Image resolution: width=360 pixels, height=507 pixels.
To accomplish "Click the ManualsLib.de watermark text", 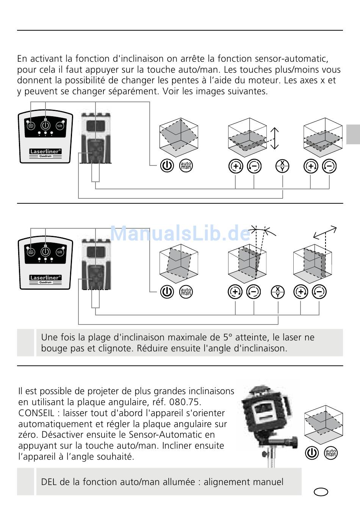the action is [180, 233].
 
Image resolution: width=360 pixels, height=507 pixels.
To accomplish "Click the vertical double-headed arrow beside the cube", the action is [275, 138].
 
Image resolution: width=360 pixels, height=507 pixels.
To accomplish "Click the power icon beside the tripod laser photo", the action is [312, 453].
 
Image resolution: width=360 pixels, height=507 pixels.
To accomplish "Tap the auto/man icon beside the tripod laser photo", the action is [331, 453].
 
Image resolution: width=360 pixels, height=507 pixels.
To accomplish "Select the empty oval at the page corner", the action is [321, 491].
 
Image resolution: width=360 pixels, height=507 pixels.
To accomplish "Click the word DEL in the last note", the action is [49, 482].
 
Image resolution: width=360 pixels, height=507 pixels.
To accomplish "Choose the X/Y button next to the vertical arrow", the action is [282, 166].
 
